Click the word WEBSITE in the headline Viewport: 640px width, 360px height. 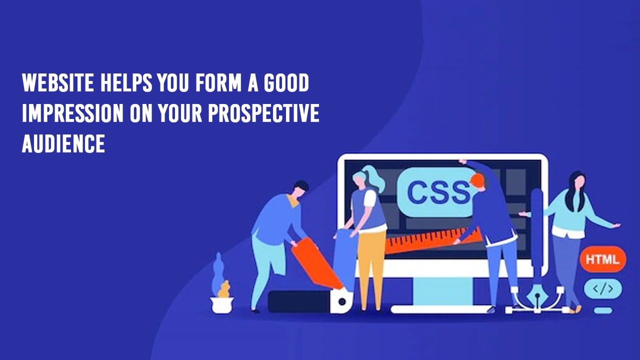[57, 82]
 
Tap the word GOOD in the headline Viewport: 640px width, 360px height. [286, 82]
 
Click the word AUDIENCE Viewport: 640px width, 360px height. [63, 143]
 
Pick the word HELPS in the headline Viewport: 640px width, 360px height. [126, 82]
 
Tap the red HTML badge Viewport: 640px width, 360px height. [603, 259]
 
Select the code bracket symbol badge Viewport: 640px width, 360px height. [603, 289]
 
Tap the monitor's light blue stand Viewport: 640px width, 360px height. [441, 291]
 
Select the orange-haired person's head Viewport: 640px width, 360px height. [477, 181]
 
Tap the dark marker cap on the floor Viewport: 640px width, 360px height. [299, 301]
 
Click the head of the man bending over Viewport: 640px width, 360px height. [299, 189]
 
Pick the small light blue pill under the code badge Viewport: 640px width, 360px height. [603, 310]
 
